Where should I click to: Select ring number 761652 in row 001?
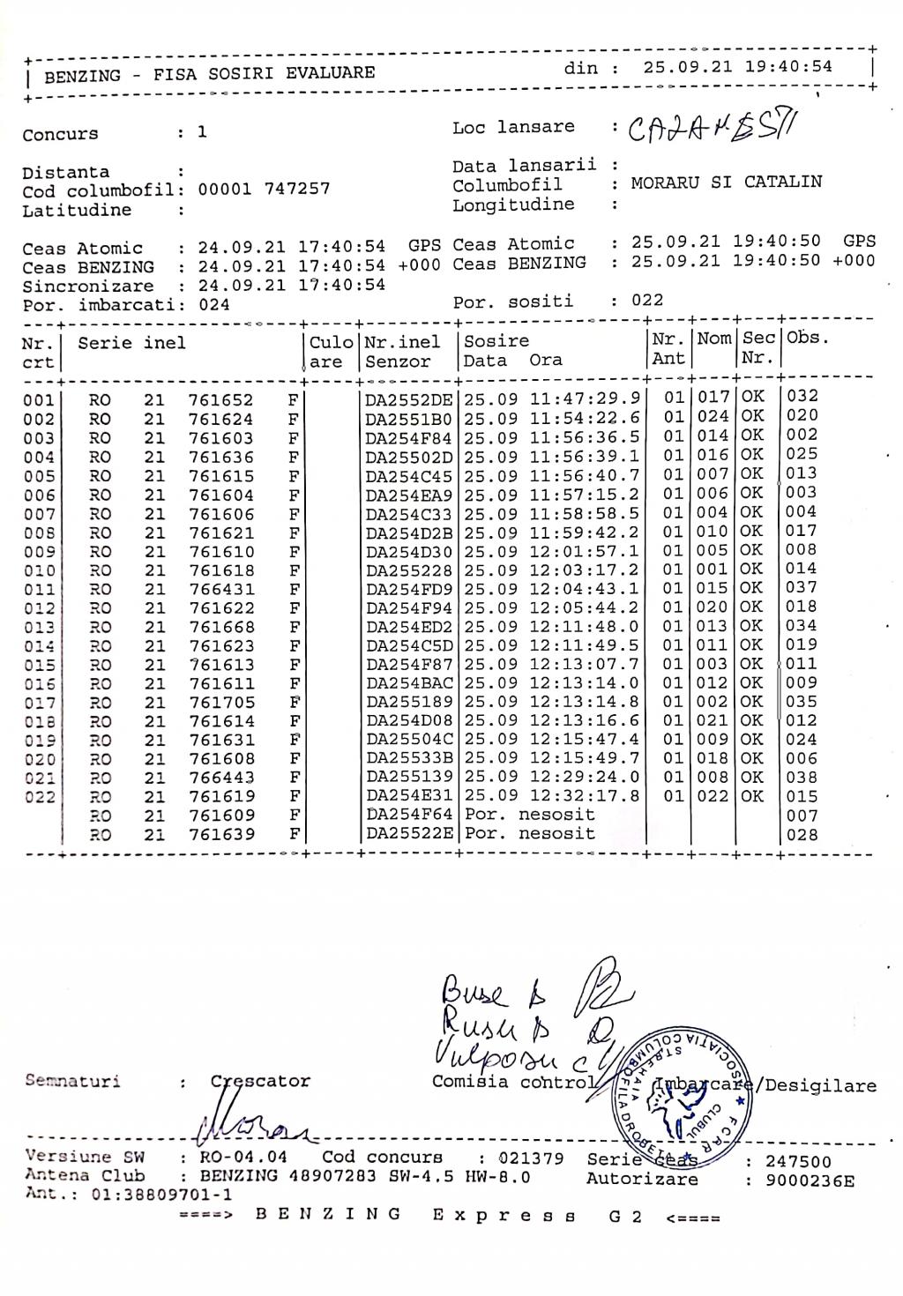click(221, 399)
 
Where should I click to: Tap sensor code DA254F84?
click(408, 438)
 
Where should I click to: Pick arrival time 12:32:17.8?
click(585, 797)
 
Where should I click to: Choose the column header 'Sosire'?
click(496, 341)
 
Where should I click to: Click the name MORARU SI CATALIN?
click(727, 182)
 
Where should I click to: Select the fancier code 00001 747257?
click(264, 190)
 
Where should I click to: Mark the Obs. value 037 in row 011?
click(802, 588)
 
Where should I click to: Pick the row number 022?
click(39, 798)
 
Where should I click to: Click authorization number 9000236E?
click(810, 1181)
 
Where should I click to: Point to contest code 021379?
click(531, 1158)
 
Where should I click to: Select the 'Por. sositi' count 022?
click(647, 301)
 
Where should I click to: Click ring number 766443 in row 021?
click(221, 778)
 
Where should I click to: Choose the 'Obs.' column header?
click(808, 338)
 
